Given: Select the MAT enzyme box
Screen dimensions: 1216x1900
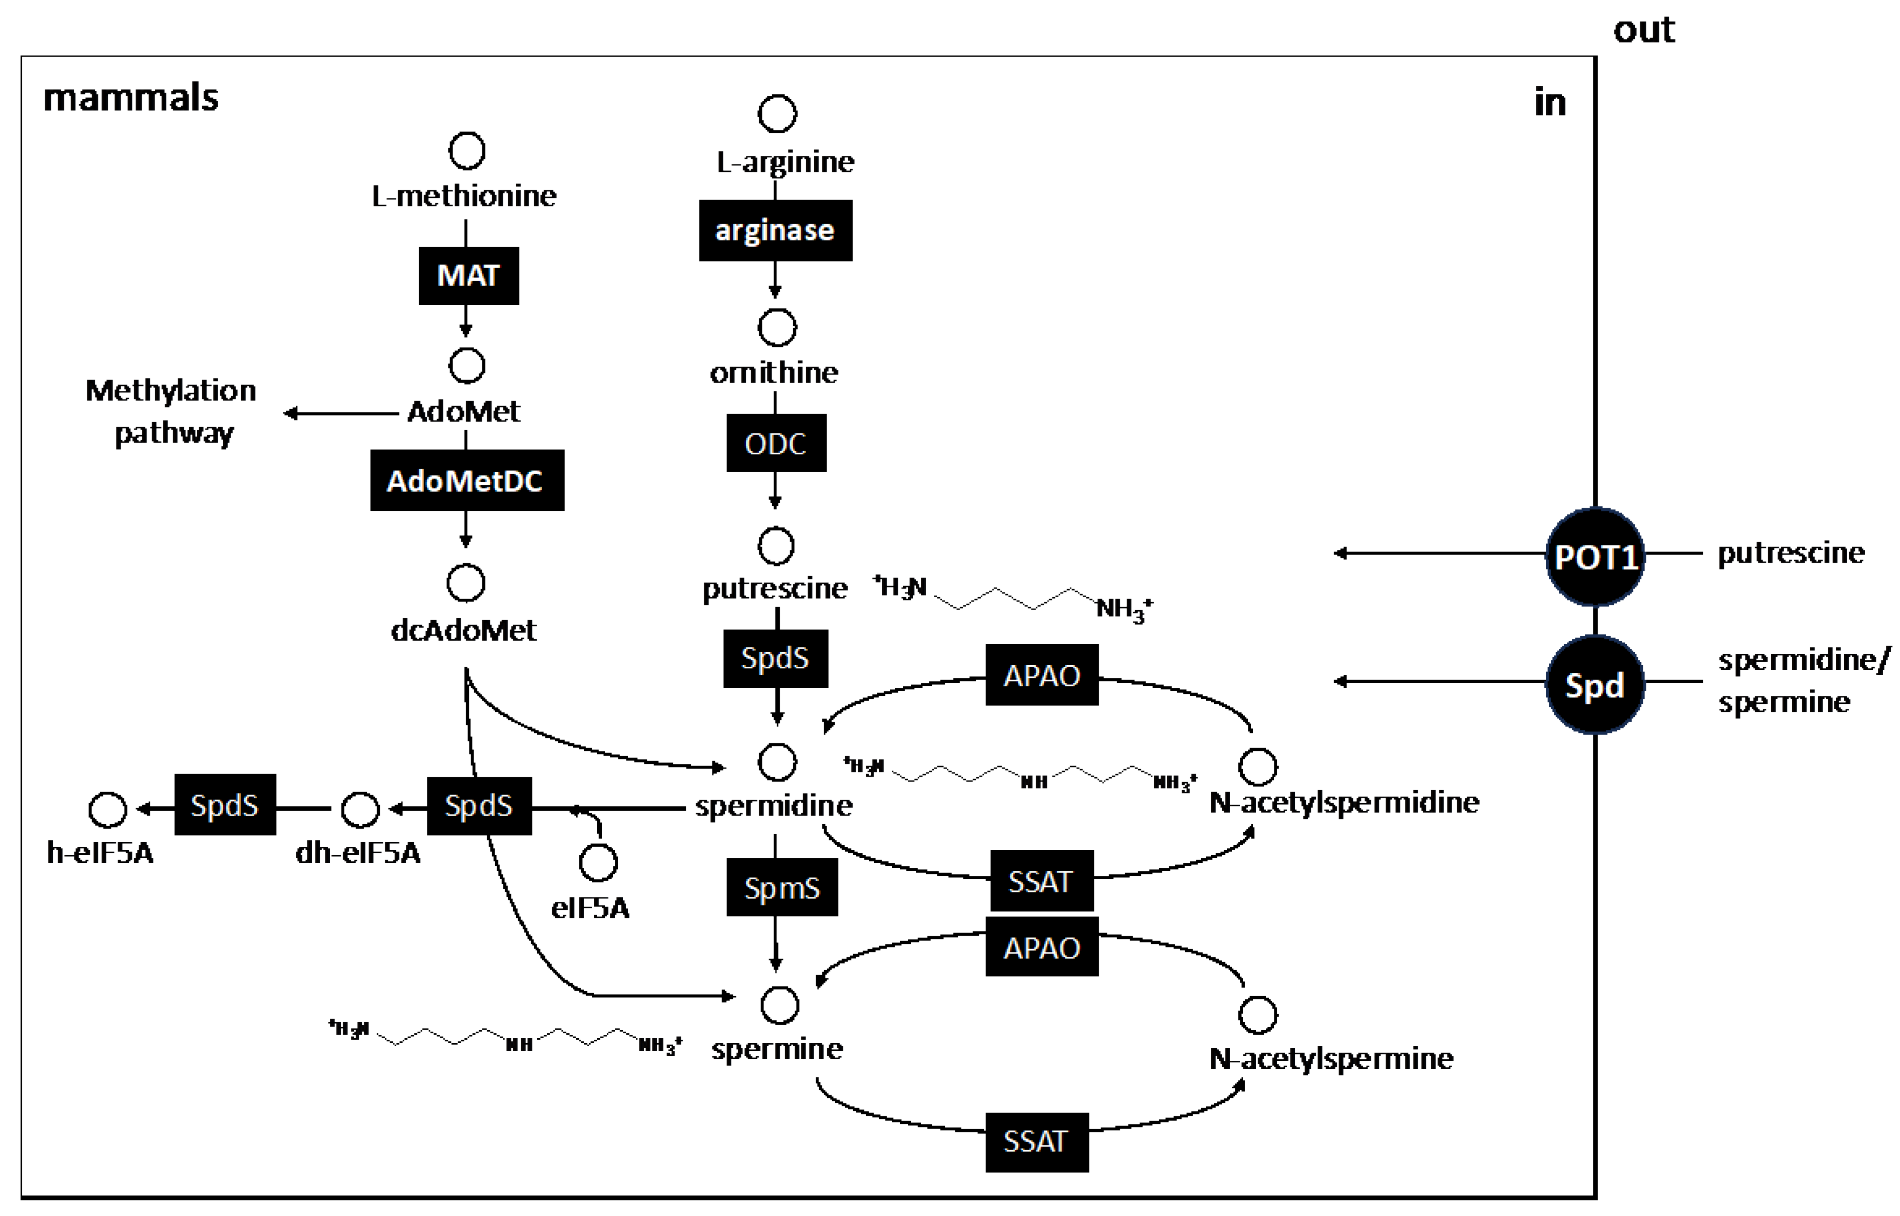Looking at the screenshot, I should pyautogui.click(x=468, y=275).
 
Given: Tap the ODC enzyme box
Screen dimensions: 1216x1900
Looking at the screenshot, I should pyautogui.click(x=776, y=443).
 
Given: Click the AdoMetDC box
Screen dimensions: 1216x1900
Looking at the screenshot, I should pyautogui.click(x=467, y=480).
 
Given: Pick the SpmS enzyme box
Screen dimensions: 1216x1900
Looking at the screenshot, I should pyautogui.click(x=781, y=888).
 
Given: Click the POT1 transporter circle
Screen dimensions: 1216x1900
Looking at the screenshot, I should pyautogui.click(x=1594, y=557).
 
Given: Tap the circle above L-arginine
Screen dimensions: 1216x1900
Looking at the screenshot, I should pyautogui.click(x=776, y=114).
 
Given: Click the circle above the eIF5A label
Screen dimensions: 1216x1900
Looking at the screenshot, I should pyautogui.click(x=598, y=862).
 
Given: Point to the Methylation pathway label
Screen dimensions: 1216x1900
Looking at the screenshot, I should pyautogui.click(x=171, y=411).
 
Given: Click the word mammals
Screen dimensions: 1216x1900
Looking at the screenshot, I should pyautogui.click(x=130, y=98).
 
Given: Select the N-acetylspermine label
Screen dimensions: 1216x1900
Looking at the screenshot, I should pyautogui.click(x=1331, y=1058).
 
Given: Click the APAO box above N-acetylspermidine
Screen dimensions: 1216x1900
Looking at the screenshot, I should pyautogui.click(x=1041, y=675).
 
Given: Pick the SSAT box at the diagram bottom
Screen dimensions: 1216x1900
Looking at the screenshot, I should pyautogui.click(x=1036, y=1142).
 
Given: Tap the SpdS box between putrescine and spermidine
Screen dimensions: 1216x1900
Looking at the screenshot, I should pyautogui.click(x=775, y=658).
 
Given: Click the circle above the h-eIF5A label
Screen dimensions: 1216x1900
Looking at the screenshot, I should pyautogui.click(x=107, y=810).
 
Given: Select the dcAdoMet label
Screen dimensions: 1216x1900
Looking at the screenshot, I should pyautogui.click(x=463, y=630).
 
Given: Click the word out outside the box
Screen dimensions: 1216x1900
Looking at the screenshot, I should pyautogui.click(x=1644, y=30).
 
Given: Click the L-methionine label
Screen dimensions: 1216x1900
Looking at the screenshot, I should pyautogui.click(x=463, y=196).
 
